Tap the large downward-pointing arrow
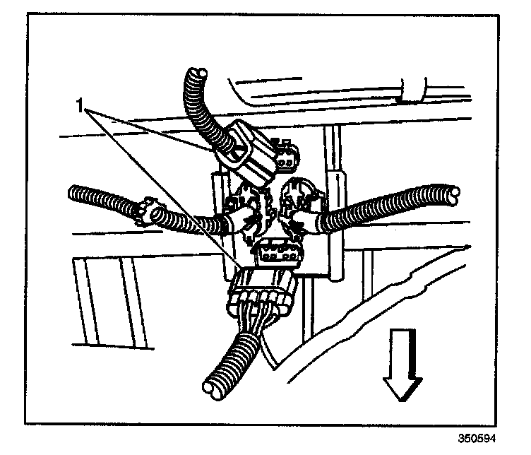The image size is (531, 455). click(x=402, y=374)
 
